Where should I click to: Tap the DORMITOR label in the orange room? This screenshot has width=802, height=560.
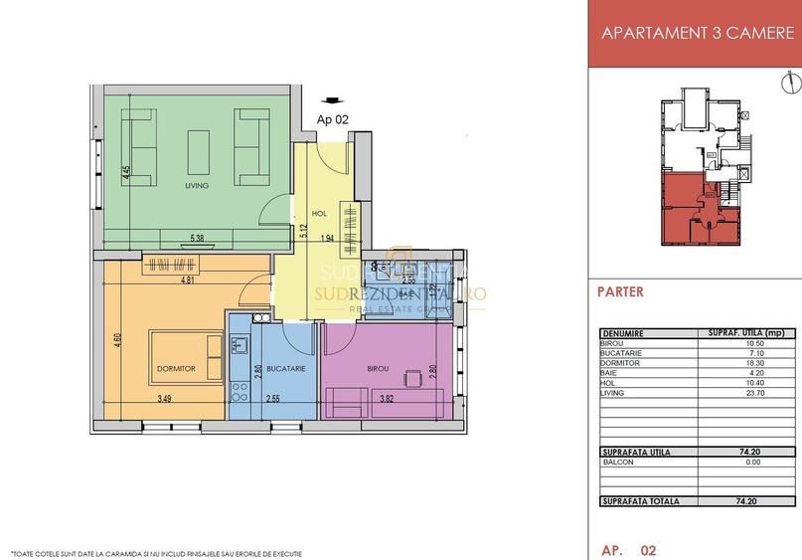175,368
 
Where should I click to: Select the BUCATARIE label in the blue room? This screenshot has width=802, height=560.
285,368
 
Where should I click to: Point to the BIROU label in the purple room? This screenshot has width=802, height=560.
378,368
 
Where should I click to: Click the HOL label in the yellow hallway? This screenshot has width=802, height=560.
319,213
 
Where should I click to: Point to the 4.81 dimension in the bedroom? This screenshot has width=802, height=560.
187,281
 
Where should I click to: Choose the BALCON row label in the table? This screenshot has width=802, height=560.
618,463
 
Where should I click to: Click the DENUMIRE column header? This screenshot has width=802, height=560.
622,333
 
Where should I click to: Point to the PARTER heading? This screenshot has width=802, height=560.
621,292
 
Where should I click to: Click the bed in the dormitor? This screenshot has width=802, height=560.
186,356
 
